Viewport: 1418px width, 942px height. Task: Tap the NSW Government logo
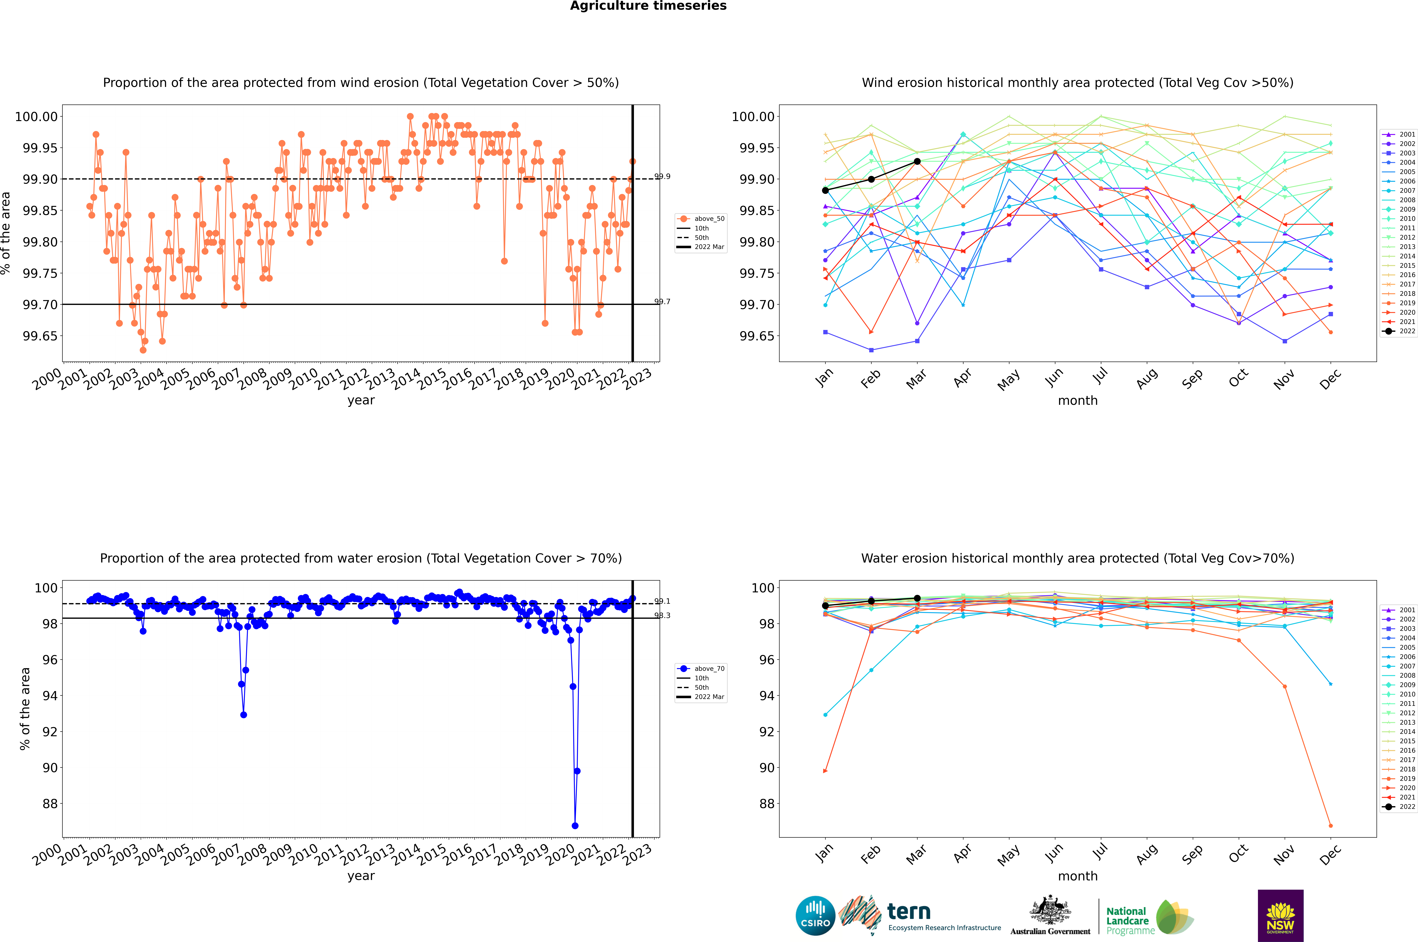click(x=1280, y=916)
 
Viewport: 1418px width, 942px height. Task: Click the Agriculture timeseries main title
click(x=648, y=6)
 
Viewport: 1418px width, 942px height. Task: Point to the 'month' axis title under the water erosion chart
click(x=1077, y=876)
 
